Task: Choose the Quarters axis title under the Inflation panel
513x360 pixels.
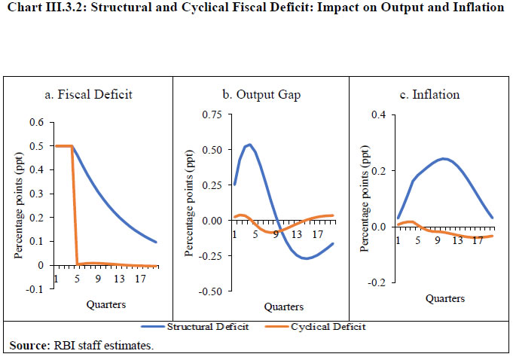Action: pos(444,297)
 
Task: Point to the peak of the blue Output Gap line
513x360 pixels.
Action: pos(249,144)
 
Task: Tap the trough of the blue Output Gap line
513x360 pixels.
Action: pos(307,258)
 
